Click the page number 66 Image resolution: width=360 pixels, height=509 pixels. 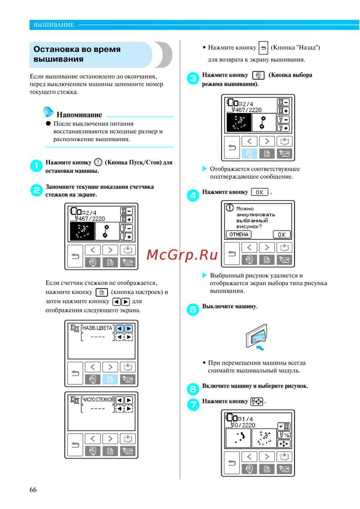tap(33, 489)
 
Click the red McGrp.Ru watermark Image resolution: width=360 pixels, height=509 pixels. tap(182, 255)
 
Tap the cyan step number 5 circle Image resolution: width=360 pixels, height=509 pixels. tap(193, 309)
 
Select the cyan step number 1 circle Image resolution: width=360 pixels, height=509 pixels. tap(36, 166)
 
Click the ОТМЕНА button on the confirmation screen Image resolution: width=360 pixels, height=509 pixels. tap(238, 234)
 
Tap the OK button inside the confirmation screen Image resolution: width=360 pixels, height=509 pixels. tap(282, 235)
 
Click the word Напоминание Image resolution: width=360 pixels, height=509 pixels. tap(79, 115)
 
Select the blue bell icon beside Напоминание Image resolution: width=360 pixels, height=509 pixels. tap(48, 112)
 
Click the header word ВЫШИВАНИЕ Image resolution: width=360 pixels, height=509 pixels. tap(54, 25)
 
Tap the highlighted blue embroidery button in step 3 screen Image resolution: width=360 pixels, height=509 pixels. tap(249, 153)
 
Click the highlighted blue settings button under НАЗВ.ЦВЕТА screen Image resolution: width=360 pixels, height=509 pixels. tap(110, 379)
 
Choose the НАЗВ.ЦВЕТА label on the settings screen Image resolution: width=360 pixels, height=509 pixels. tap(97, 328)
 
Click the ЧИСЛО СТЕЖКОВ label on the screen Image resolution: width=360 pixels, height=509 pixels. tap(98, 399)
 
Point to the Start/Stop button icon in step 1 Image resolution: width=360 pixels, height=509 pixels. tap(98, 162)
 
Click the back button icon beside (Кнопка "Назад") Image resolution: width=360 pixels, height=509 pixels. tap(263, 48)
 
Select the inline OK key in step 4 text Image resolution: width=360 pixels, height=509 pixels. tap(260, 192)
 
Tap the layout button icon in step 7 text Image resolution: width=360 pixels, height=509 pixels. tap(256, 402)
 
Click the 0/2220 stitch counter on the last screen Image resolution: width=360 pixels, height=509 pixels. tap(245, 425)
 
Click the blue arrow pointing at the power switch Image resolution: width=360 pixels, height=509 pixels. tap(260, 348)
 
